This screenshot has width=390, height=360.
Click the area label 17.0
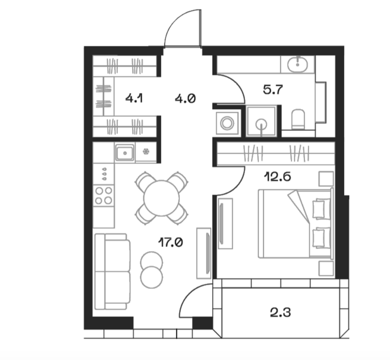click(x=171, y=242)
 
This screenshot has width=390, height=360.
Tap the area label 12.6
click(x=277, y=177)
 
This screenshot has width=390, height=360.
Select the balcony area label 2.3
click(x=281, y=312)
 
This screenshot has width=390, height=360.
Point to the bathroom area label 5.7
click(x=273, y=89)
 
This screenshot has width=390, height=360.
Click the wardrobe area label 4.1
click(x=134, y=98)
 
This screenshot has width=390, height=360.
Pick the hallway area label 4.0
click(x=185, y=99)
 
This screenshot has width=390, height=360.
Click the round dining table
click(x=161, y=198)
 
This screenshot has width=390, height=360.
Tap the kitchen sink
click(x=125, y=153)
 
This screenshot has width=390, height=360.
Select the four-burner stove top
click(x=104, y=195)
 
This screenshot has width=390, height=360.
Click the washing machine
click(x=227, y=123)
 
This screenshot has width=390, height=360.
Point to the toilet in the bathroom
click(x=298, y=119)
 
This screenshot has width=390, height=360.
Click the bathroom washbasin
click(x=298, y=64)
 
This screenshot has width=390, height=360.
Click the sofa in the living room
click(x=113, y=272)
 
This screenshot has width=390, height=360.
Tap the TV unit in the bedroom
click(x=226, y=224)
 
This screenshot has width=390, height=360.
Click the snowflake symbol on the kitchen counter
click(x=146, y=151)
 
